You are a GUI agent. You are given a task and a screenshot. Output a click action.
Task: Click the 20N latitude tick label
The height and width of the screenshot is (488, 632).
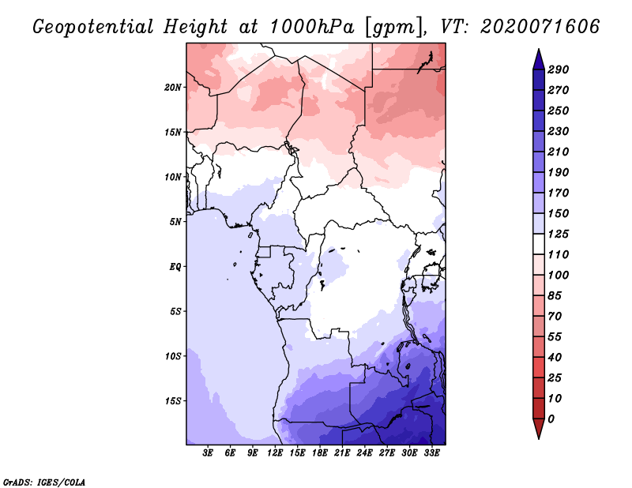[x=172, y=88]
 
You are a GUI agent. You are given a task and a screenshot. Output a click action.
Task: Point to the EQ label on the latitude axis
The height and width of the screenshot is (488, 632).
[x=175, y=267]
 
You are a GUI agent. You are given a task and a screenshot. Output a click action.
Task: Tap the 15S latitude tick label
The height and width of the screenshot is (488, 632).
[x=173, y=401]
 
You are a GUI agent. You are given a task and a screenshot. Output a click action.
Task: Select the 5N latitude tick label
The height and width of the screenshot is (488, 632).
[x=175, y=222]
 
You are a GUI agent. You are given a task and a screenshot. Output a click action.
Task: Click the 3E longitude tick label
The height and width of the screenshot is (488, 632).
[x=208, y=452]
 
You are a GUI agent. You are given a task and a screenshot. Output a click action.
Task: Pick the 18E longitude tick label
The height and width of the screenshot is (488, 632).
[x=320, y=452]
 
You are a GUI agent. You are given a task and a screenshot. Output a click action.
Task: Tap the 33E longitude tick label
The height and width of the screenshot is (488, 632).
[x=431, y=452]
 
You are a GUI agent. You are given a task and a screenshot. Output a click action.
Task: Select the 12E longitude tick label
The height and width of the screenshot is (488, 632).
[x=275, y=452]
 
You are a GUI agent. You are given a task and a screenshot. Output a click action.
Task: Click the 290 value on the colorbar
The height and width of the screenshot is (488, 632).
[x=559, y=69]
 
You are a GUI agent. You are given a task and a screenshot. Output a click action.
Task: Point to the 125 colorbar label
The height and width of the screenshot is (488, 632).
[x=559, y=234]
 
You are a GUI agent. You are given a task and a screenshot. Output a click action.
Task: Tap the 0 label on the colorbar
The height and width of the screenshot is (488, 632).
[x=551, y=419]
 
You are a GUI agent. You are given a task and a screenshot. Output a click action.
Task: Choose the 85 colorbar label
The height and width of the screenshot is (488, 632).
[x=555, y=296]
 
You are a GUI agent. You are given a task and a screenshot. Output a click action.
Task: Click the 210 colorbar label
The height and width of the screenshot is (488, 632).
[x=559, y=152]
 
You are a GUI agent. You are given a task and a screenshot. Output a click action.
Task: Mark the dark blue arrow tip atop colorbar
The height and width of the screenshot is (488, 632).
[x=539, y=49]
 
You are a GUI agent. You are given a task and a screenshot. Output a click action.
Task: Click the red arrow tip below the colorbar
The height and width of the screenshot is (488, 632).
[x=539, y=438]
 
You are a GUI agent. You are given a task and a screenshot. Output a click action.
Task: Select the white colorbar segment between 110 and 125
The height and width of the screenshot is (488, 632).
[x=539, y=244]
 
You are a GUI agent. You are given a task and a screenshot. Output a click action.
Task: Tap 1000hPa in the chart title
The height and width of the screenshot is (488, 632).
[x=311, y=27]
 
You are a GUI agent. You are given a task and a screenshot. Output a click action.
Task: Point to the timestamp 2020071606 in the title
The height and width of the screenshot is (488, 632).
[x=540, y=27]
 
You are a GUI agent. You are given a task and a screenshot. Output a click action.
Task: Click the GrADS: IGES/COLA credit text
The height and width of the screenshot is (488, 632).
[x=44, y=482]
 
